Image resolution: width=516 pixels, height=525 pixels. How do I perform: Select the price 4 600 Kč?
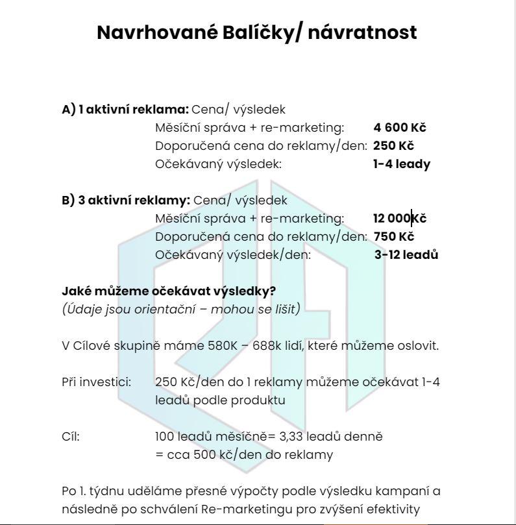tap(400, 128)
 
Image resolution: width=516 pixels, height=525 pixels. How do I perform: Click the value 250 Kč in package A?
tap(393, 146)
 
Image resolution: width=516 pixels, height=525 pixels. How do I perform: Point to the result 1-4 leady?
tap(401, 164)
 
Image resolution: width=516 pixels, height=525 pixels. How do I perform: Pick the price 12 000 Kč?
tap(399, 219)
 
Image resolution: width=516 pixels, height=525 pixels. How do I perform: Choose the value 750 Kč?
tap(393, 237)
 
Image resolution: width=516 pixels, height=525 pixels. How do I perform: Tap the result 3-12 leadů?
tap(406, 255)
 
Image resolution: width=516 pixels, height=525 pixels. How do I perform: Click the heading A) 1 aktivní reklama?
tap(125, 110)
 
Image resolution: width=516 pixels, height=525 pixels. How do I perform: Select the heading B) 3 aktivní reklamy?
tap(126, 201)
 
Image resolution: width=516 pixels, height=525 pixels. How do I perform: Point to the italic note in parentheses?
tap(181, 309)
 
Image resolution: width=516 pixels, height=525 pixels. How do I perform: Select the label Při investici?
tap(96, 382)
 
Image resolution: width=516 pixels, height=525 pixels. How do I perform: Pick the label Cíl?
tap(71, 436)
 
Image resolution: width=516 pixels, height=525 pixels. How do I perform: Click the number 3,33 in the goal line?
tap(288, 436)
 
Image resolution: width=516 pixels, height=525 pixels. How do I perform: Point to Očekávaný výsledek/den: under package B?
tap(233, 255)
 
